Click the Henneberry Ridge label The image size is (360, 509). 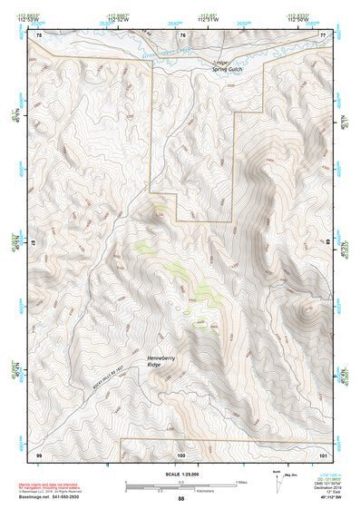tap(161, 361)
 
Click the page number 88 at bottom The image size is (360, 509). tap(180, 499)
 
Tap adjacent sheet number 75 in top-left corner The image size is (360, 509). tap(39, 34)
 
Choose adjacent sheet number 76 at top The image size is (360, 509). tap(181, 34)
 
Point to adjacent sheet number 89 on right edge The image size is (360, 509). tap(326, 243)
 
